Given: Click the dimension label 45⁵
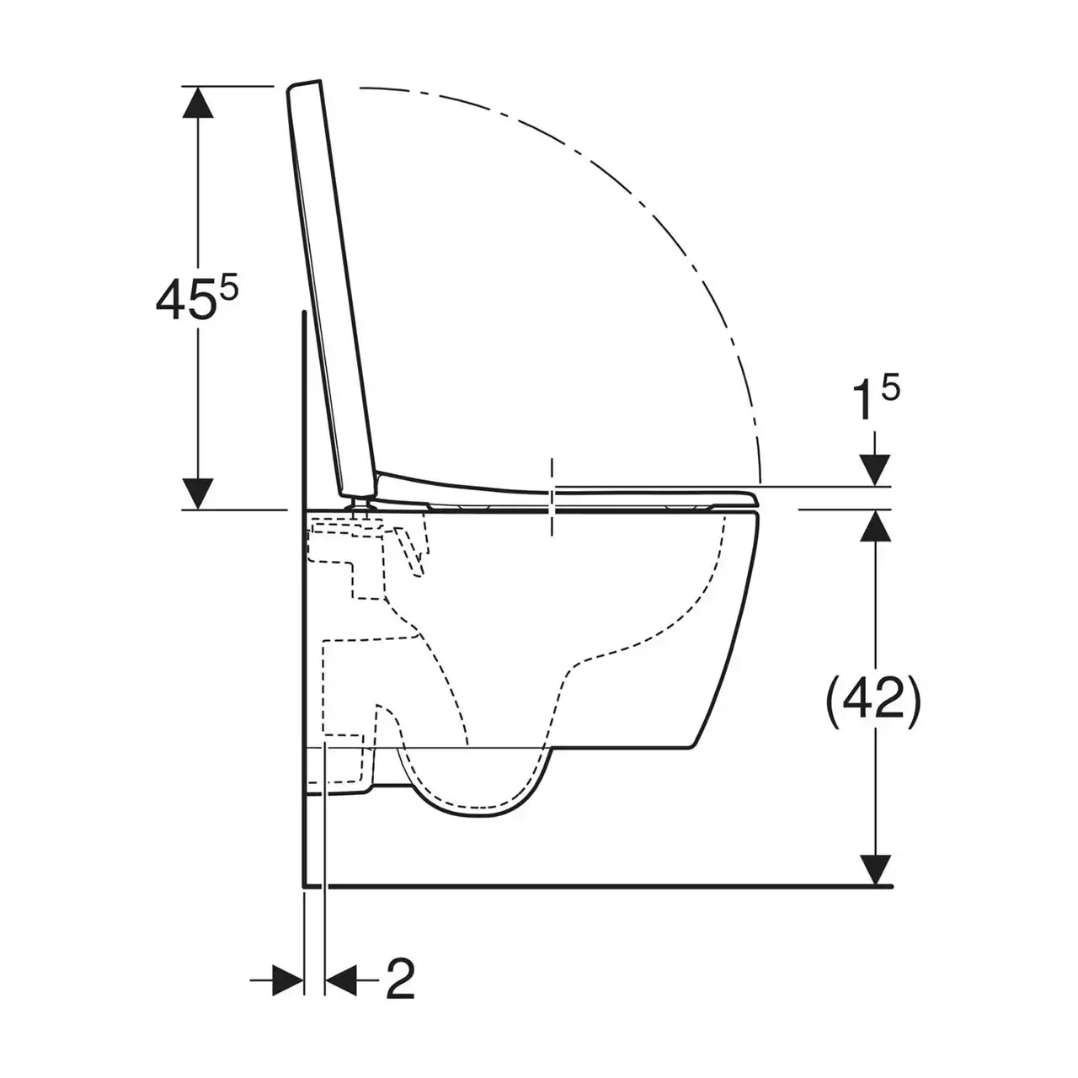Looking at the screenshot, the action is coord(197,299).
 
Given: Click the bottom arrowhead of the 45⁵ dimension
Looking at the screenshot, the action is coord(198,494).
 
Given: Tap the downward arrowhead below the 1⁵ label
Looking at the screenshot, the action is coord(875,471).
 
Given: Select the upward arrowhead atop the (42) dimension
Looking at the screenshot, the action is coord(875,526).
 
